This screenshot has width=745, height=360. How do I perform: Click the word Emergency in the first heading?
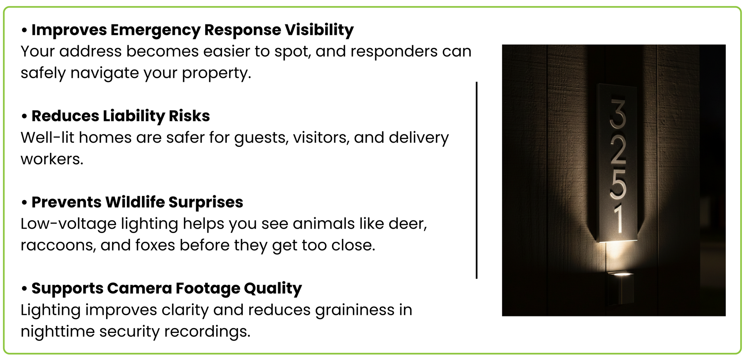pyautogui.click(x=156, y=30)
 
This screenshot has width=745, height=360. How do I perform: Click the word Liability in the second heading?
pyautogui.click(x=134, y=116)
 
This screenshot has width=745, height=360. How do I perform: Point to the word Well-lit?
pyautogui.click(x=48, y=138)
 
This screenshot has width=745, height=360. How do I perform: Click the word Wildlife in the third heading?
pyautogui.click(x=135, y=202)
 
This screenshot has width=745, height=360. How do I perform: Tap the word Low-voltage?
pyautogui.click(x=69, y=224)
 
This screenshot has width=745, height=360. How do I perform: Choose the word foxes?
pyautogui.click(x=155, y=245)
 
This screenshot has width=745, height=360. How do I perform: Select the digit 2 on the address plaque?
pyautogui.click(x=618, y=151)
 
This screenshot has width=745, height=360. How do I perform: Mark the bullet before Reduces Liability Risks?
pyautogui.click(x=24, y=117)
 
